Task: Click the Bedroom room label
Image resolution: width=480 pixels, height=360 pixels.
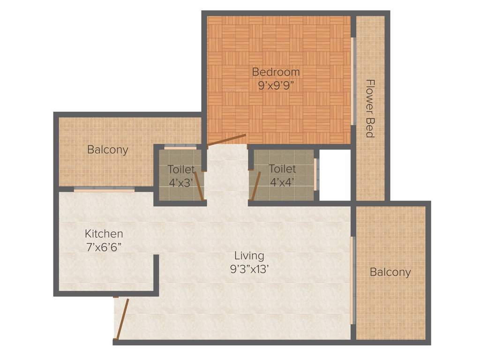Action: (276, 72)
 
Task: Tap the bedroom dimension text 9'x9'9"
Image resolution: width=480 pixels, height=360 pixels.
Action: (276, 86)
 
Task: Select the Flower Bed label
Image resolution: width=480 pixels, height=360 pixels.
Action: (370, 108)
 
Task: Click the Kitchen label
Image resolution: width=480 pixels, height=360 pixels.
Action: (104, 233)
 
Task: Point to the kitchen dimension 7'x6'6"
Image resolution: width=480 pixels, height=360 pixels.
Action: (104, 247)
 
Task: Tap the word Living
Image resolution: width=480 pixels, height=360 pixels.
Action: (249, 256)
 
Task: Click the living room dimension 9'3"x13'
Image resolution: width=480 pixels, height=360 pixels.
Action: (249, 270)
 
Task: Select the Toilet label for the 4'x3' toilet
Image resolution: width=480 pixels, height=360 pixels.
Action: (181, 169)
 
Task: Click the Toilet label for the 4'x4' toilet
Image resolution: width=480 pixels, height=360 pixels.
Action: (282, 169)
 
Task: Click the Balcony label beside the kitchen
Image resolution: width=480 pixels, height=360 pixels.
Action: (108, 150)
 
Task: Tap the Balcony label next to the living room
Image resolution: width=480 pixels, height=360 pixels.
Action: (390, 272)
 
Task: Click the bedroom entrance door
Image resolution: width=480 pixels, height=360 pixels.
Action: (226, 140)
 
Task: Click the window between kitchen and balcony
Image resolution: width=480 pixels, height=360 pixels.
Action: (104, 189)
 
